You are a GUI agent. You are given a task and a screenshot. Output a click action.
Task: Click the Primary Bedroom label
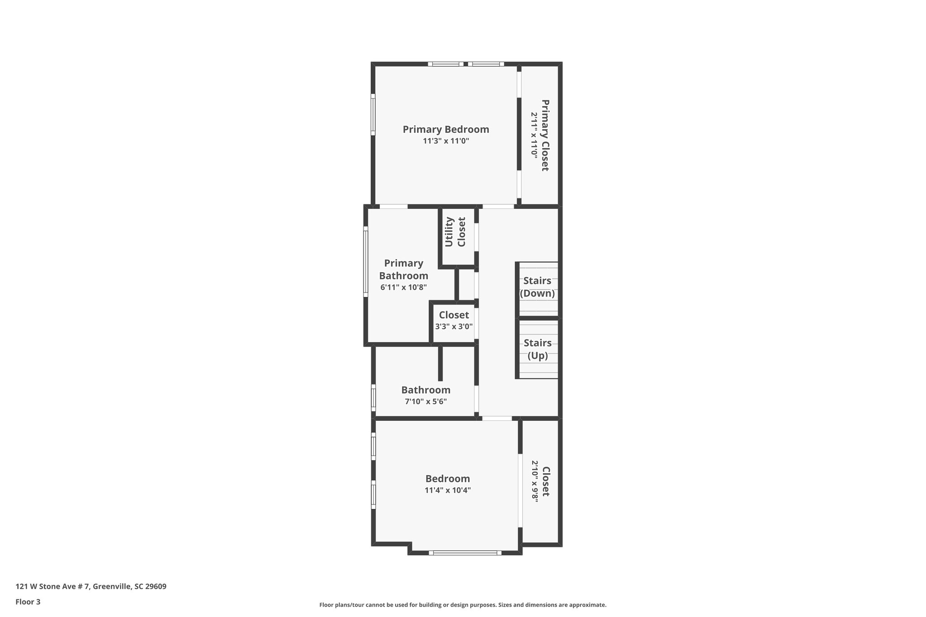(446, 130)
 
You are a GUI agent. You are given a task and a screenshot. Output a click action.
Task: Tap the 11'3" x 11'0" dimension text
(446, 141)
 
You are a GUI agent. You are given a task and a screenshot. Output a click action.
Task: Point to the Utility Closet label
(455, 232)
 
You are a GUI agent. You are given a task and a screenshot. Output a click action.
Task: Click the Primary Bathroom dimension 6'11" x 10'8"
(403, 287)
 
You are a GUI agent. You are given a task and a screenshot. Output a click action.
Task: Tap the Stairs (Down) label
(537, 287)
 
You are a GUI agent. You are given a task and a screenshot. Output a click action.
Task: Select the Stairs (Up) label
(538, 349)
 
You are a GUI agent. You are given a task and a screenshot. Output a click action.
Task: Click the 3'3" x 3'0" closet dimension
(454, 326)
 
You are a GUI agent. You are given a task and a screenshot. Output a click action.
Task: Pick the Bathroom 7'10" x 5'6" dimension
(425, 401)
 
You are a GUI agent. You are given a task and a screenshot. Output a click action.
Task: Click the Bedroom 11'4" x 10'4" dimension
(448, 490)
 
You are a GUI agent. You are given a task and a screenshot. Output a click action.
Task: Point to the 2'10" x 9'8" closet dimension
(535, 482)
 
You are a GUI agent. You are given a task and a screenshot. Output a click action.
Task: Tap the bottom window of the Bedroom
(465, 552)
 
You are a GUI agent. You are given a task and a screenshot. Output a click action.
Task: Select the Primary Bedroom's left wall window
(373, 114)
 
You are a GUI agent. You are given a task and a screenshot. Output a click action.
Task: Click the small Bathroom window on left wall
(373, 398)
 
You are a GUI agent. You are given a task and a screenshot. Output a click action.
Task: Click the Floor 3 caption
(28, 602)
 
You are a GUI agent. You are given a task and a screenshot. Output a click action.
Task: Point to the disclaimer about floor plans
(463, 605)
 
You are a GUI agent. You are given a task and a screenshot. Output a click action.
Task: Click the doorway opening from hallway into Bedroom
(497, 419)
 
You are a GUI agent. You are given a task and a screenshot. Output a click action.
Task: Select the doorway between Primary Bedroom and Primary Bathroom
(393, 207)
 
